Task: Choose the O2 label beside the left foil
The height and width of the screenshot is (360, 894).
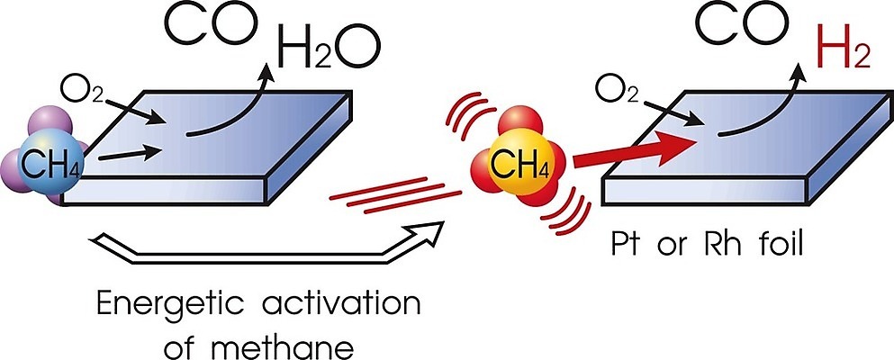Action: [83, 89]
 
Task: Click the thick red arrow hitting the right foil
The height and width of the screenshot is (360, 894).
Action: [634, 150]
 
